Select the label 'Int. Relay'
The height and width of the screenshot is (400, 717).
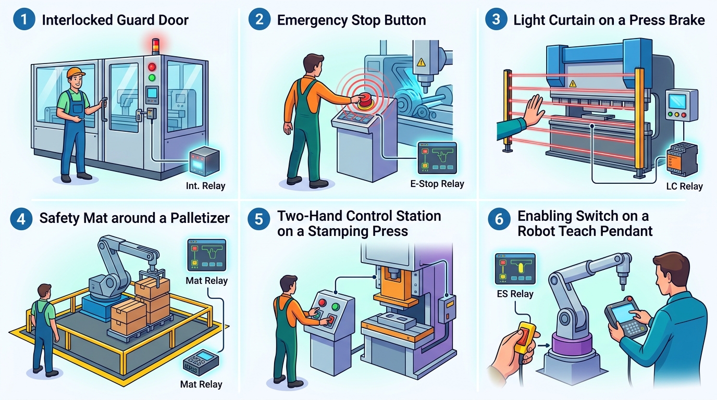point(205,186)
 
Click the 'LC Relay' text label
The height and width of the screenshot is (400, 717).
point(684,186)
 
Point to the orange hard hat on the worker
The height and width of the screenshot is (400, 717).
point(77,72)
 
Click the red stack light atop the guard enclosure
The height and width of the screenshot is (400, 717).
point(156,43)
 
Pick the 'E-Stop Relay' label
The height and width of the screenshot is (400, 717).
point(437,183)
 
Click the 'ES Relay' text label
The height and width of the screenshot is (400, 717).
point(515,294)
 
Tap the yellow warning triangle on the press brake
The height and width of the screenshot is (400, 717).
point(572,83)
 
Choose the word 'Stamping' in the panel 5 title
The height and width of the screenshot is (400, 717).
point(331,231)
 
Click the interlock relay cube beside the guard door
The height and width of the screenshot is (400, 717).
point(203,160)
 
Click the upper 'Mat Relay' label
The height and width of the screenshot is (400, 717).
point(206,281)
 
